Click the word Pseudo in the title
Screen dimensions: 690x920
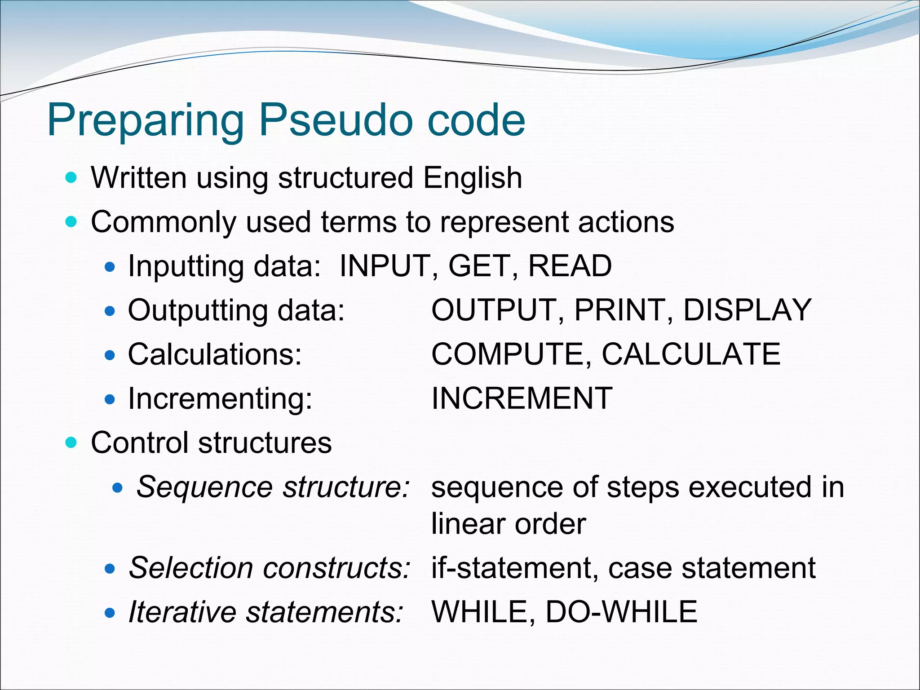335,120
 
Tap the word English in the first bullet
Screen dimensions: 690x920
473,178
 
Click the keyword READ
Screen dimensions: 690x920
570,265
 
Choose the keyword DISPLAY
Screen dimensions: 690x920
747,310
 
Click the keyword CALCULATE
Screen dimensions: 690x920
691,354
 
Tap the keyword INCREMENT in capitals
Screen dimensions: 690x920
522,398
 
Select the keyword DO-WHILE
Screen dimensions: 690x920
621,612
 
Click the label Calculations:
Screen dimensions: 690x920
215,354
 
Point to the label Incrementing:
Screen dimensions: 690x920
220,399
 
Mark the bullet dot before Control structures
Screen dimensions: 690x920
71,443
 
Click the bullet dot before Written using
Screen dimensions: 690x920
71,178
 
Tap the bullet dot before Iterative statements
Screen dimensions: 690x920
110,613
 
